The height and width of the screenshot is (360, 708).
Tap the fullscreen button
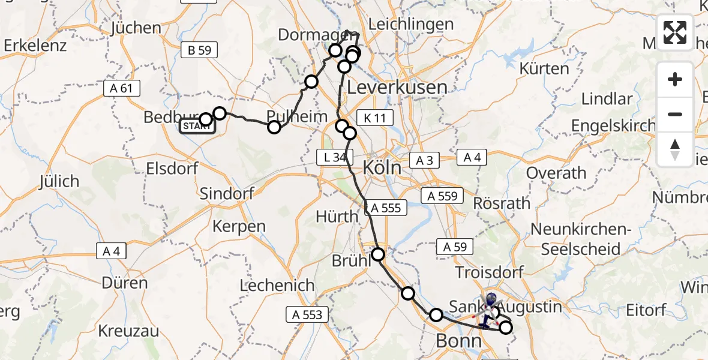pos(675,32)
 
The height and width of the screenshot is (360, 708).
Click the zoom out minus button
pos(675,114)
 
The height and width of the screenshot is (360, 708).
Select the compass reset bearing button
pos(675,149)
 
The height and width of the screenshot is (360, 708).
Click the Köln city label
pos(382,167)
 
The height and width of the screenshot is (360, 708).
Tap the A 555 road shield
pos(386,208)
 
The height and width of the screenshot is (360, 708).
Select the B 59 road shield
pos(199,51)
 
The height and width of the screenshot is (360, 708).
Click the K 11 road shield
pos(375,118)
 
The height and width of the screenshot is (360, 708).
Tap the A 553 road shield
pos(308,314)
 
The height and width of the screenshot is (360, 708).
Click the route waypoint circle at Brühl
pos(379,254)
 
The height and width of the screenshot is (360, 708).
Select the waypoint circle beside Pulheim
pos(274,127)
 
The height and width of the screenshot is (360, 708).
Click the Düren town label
pos(125,283)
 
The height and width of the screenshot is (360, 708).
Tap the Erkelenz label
pos(35,46)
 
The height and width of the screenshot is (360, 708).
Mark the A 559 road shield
pos(442,196)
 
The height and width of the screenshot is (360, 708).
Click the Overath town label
pos(556,173)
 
